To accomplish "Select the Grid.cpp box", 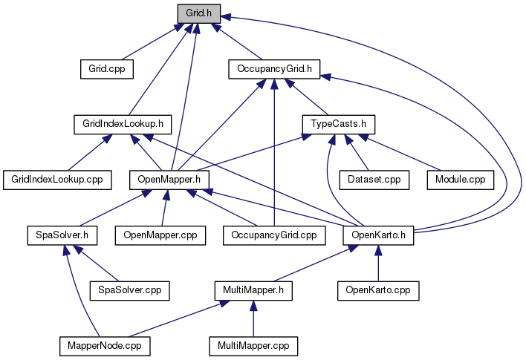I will pos(106,69).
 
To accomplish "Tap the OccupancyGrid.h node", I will pos(273,69).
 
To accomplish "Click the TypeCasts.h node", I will pos(338,124).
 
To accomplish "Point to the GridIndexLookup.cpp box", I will pos(57,179).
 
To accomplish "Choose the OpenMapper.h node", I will pos(169,179).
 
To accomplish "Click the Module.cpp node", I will pos(460,179).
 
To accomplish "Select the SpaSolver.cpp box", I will pos(129,289).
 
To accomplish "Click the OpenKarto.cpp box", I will pos(378,289).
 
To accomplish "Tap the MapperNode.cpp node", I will pos(105,345).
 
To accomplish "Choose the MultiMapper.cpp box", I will pos(253,345).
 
